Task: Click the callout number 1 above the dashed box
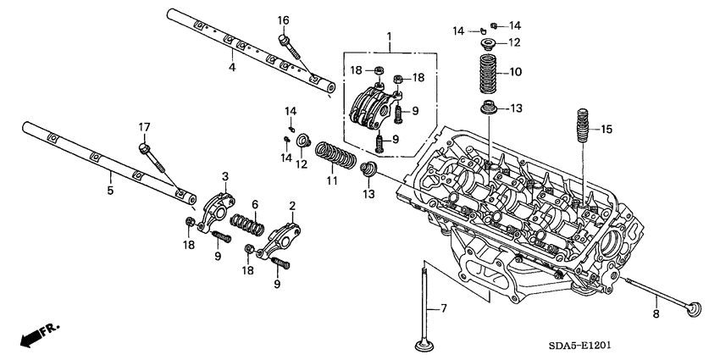tap(389, 36)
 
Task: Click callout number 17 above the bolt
tap(144, 128)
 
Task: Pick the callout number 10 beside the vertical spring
tap(516, 72)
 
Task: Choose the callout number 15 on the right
tap(605, 130)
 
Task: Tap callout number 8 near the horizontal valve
tap(655, 314)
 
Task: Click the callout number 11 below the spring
tap(331, 180)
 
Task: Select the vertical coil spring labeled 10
tap(490, 74)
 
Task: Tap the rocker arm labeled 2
tap(280, 235)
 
